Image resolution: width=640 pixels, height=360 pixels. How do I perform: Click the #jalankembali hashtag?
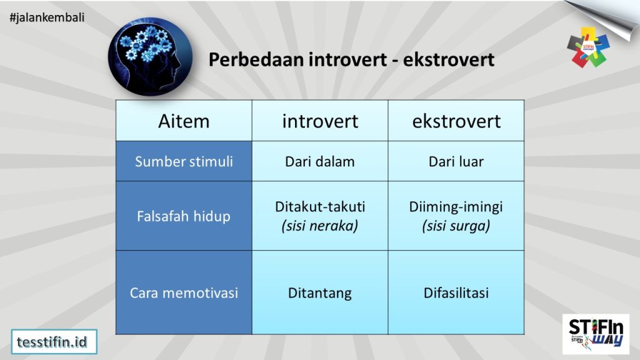[x=47, y=17]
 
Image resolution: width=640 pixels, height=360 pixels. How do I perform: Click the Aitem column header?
[x=184, y=121]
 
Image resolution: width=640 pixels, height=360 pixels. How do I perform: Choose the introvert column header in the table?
[x=320, y=121]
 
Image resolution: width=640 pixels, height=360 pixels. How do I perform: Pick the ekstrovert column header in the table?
[x=456, y=121]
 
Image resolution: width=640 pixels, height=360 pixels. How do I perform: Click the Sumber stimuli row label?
[x=184, y=161]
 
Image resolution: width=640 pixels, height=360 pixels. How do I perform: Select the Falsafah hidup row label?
[x=184, y=216]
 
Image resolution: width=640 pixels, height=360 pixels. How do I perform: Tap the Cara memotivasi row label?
[x=184, y=292]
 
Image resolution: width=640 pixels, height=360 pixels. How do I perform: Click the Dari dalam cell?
[x=320, y=161]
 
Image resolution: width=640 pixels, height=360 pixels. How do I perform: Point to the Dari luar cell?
[x=456, y=161]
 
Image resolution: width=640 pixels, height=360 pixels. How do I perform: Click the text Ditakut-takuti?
[x=320, y=206]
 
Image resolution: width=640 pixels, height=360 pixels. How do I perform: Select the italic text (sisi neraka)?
[x=320, y=226]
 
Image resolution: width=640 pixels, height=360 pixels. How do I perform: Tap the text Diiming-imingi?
[x=456, y=206]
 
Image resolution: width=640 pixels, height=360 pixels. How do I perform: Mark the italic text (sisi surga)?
[x=456, y=226]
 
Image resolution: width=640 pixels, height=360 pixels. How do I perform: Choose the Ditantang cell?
[x=320, y=292]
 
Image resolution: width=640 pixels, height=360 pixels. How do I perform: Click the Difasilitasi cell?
[x=456, y=292]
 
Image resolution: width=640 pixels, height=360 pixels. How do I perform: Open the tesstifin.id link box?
[x=54, y=341]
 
